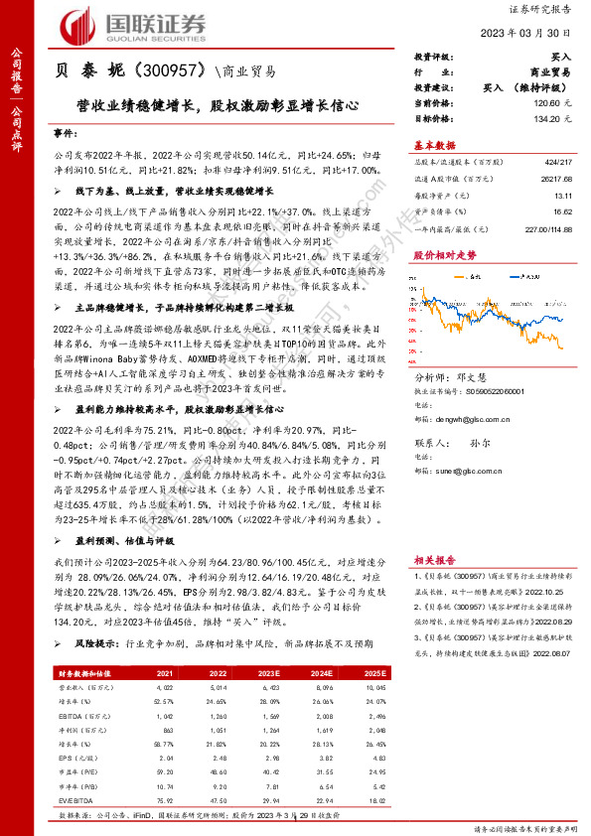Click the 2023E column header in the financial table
tap(267, 673)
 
